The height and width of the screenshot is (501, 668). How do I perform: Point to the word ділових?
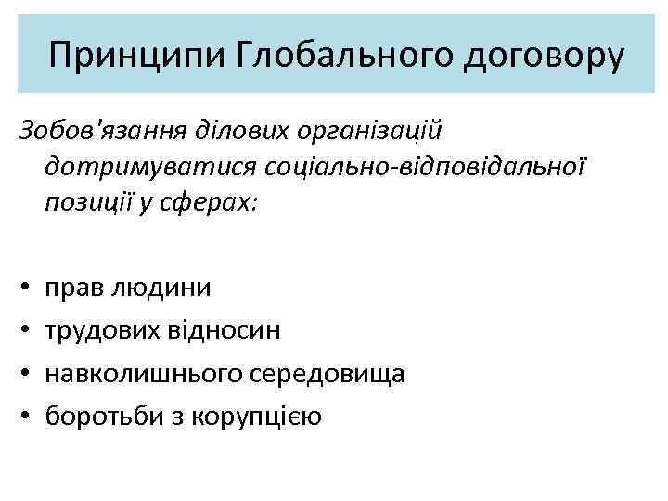(232, 124)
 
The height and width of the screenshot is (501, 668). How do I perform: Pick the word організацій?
(366, 124)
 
